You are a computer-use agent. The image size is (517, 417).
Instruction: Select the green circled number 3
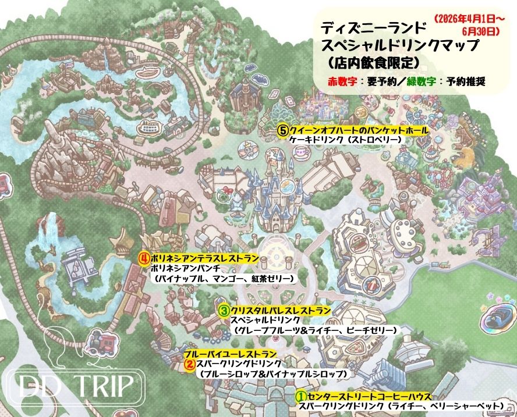coord(224,311)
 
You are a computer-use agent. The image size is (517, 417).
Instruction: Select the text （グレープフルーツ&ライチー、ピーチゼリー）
coord(314,330)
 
